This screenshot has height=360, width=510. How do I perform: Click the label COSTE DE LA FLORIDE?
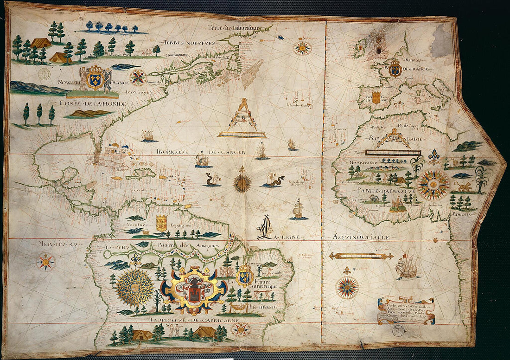(x=92, y=103)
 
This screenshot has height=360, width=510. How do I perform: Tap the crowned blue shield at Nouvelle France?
(x=95, y=79)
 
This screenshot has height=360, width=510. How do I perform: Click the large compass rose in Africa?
(x=433, y=185)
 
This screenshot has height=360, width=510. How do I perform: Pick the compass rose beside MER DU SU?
(x=45, y=262)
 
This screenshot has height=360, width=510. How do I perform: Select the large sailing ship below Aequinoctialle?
(x=407, y=267)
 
